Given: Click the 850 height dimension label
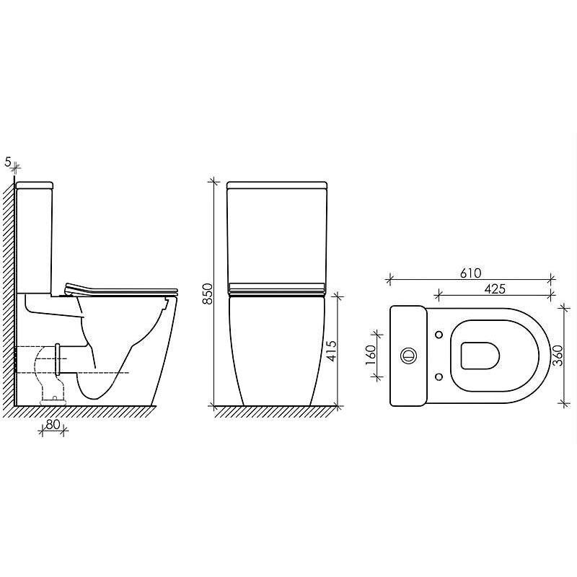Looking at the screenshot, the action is click(208, 294).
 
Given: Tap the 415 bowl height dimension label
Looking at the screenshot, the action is click(332, 351).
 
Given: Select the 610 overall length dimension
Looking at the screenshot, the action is click(471, 273).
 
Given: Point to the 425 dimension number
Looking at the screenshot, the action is click(495, 289).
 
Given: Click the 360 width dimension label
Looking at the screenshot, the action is click(558, 355).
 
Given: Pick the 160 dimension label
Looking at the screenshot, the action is click(370, 355).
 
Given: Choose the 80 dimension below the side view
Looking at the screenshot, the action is click(53, 424).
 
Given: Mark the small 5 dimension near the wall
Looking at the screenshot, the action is click(8, 162).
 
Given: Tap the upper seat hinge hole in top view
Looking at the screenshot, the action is click(439, 335).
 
